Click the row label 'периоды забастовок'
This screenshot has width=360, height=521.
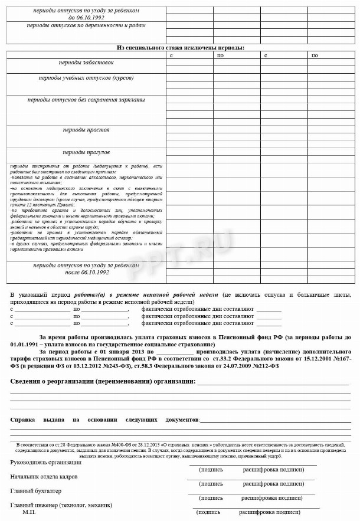pyautogui.click(x=86, y=63)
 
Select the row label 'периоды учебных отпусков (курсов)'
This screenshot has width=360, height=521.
pyautogui.click(x=86, y=78)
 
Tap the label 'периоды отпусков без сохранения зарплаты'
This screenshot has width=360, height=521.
pyautogui.click(x=86, y=100)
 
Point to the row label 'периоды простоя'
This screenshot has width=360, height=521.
pyautogui.click(x=86, y=130)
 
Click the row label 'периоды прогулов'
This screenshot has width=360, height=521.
pyautogui.click(x=86, y=152)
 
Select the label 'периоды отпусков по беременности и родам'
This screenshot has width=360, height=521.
pyautogui.click(x=86, y=25)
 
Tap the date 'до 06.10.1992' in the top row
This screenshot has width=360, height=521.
pyautogui.click(x=86, y=18)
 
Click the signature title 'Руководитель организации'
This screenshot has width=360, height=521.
pyautogui.click(x=46, y=462)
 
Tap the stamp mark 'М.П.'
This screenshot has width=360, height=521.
pyautogui.click(x=30, y=513)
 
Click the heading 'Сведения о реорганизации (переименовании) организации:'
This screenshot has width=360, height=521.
pyautogui.click(x=103, y=382)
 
